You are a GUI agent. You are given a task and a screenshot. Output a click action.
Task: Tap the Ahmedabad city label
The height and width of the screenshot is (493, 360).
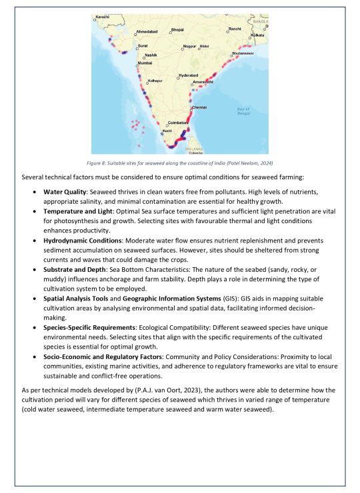147,31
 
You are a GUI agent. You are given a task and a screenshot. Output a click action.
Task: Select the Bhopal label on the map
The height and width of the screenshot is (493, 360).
177,29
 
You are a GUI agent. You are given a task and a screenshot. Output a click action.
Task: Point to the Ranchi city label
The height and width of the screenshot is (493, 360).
235,29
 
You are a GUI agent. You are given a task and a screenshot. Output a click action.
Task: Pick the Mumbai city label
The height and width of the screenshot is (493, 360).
146,63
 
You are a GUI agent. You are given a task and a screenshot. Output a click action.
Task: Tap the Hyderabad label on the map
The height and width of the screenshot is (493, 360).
189,75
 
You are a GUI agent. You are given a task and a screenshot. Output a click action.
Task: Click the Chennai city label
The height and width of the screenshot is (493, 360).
199,107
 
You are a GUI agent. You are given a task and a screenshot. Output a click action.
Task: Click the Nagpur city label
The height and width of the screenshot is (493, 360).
189,46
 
